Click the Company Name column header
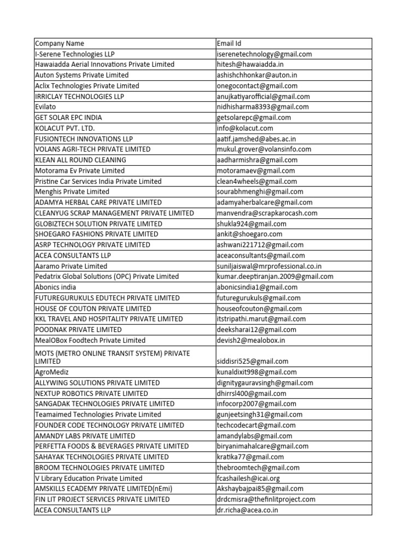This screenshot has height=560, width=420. [x=60, y=43]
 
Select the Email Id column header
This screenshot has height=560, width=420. [x=229, y=43]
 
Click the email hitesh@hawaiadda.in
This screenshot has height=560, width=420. [x=250, y=65]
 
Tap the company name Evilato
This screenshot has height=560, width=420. [x=45, y=107]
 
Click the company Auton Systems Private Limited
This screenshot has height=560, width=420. [x=82, y=75]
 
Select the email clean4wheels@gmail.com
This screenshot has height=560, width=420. [x=256, y=181]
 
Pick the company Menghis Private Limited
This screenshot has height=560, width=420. [x=72, y=192]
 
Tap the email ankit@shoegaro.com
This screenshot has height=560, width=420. [x=249, y=234]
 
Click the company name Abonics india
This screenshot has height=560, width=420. [x=55, y=287]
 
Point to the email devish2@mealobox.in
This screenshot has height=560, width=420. [x=251, y=340]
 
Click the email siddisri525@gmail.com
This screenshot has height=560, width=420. [x=252, y=361]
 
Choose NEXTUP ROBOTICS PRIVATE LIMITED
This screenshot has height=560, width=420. [x=91, y=393]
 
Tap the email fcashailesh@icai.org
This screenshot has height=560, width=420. [x=250, y=478]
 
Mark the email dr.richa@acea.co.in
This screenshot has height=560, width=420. [x=248, y=510]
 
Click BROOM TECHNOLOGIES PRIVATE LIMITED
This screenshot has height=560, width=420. [x=100, y=468]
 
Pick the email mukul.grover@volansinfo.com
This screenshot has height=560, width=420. [x=264, y=149]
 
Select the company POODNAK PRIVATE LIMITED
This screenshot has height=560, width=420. [x=78, y=330]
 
